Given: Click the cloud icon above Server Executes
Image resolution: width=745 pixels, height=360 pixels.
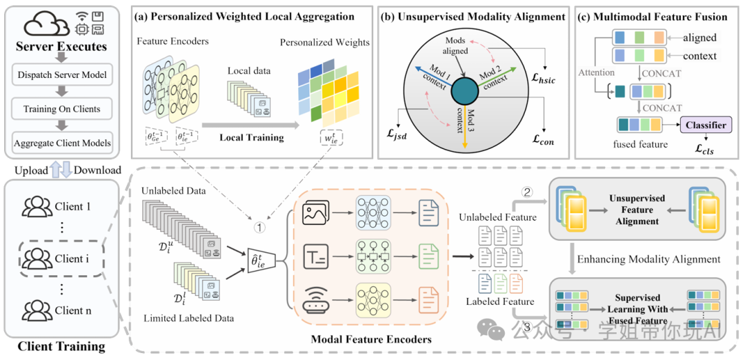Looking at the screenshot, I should (48, 25).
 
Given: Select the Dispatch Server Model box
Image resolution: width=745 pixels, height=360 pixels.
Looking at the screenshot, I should (63, 74).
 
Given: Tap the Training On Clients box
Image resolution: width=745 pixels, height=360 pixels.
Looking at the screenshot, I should (63, 108).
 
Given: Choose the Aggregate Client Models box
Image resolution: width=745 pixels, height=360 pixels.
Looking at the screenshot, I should (63, 143).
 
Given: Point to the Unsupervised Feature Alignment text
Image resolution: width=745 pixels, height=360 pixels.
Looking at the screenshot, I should (637, 210).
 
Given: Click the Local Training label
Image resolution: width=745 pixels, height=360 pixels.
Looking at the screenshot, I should (252, 137).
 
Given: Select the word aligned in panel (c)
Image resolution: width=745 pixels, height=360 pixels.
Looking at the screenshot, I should (698, 38).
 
